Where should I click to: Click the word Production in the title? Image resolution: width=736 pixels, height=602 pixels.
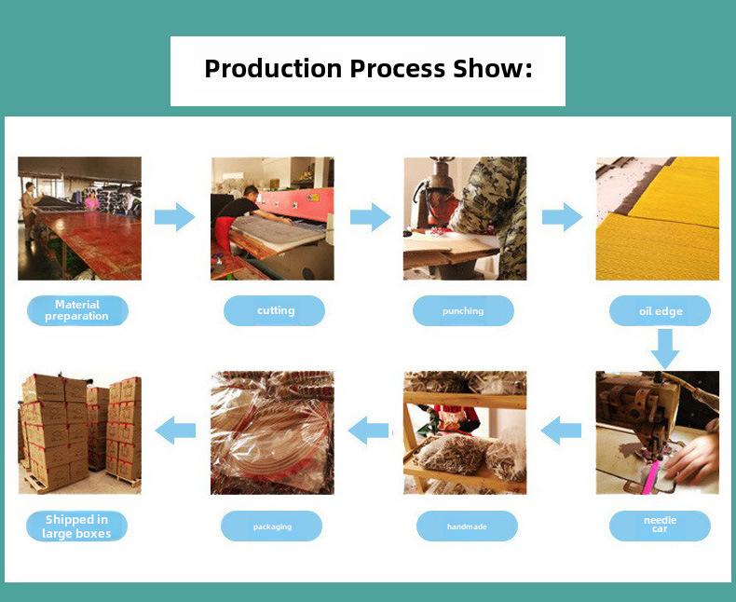click(x=273, y=69)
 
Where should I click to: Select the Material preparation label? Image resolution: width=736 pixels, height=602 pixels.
click(x=77, y=310)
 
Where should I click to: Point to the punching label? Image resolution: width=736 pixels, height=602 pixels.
click(x=463, y=310)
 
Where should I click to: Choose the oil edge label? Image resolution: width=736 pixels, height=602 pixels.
click(x=660, y=310)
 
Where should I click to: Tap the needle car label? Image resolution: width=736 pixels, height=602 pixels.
click(x=660, y=526)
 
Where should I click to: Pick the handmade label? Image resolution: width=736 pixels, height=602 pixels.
click(x=467, y=526)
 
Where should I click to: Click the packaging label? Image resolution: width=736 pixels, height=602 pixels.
click(x=271, y=526)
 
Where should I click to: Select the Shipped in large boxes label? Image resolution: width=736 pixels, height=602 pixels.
click(x=76, y=526)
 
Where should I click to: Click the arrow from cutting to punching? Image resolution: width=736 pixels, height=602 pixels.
click(x=371, y=217)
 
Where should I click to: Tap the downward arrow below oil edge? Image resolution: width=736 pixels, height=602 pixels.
click(x=664, y=349)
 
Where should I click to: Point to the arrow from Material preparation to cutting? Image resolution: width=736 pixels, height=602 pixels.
click(x=174, y=217)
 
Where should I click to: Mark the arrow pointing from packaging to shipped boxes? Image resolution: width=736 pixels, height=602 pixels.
click(x=175, y=431)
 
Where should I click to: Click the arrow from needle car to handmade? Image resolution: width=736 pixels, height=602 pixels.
click(x=561, y=431)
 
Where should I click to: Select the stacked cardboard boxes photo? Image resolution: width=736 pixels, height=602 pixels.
click(x=79, y=432)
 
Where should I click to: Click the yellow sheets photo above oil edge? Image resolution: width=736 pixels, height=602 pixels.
click(x=657, y=218)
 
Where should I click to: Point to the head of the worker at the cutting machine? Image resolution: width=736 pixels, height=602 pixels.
click(x=251, y=193)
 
